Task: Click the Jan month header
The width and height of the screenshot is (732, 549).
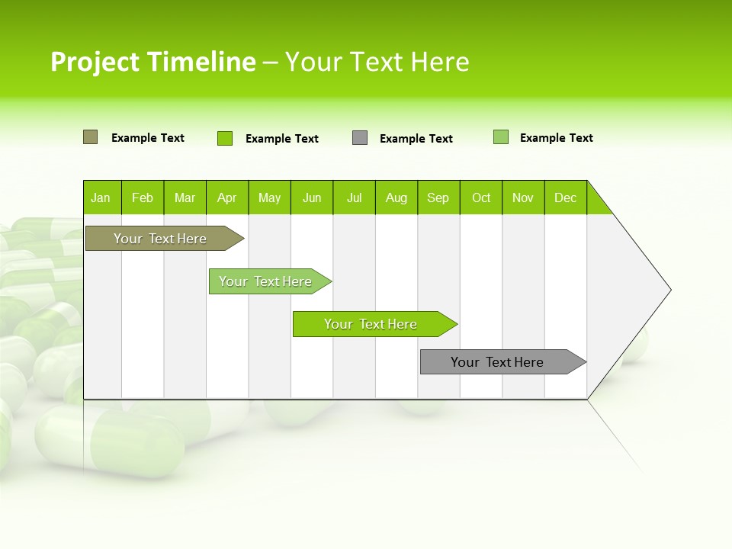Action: (x=101, y=197)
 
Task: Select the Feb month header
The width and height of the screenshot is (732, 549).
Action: (x=143, y=197)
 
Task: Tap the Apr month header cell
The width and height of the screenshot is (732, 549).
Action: (x=226, y=197)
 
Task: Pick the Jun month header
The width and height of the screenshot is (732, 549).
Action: (x=312, y=197)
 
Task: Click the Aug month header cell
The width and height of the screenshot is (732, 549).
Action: (x=396, y=197)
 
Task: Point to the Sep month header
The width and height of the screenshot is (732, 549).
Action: (x=438, y=197)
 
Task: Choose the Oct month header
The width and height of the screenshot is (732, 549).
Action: (x=481, y=197)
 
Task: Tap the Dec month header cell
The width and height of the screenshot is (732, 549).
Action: (x=565, y=197)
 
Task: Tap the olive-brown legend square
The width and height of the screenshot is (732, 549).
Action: (x=90, y=137)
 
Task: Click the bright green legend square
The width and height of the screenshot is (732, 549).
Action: (x=225, y=138)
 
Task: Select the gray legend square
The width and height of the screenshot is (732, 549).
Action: (x=360, y=138)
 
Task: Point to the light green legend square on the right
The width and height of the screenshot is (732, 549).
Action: (x=501, y=137)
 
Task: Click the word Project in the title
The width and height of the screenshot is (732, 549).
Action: (x=95, y=62)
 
